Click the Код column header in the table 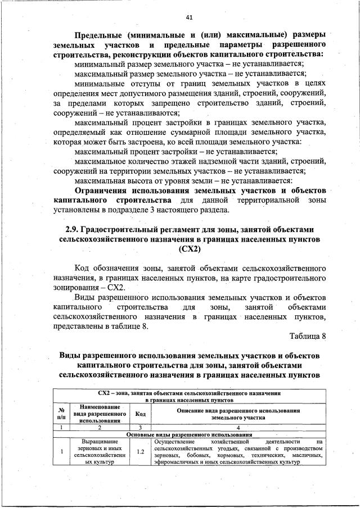coord(141,414)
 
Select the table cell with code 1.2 coord(141,451)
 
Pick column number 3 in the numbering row coord(141,427)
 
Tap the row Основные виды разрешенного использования coord(189,434)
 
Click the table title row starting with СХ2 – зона coord(189,395)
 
